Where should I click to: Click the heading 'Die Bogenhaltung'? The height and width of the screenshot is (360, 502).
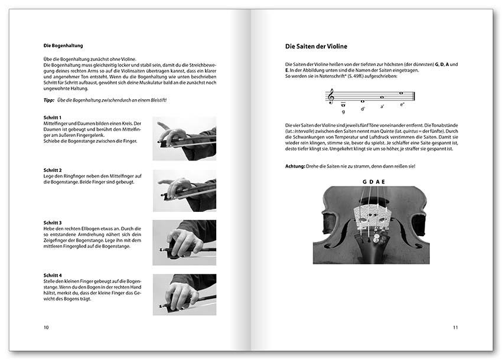click(x=63, y=45)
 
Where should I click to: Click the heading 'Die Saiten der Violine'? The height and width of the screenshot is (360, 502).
click(x=316, y=46)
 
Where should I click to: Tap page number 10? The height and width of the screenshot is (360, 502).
click(x=46, y=327)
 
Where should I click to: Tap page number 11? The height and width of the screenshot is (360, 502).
click(x=455, y=327)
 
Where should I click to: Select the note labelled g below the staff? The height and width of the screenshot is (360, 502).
click(x=344, y=104)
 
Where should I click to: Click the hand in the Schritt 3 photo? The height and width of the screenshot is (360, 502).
click(x=181, y=241)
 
